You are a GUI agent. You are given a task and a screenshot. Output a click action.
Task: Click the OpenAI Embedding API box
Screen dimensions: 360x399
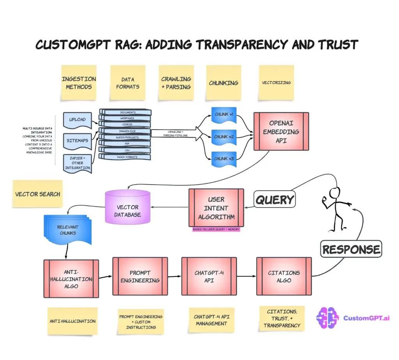pos(281,132)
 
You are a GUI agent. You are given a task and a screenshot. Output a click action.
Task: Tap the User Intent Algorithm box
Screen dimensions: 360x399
pos(216,208)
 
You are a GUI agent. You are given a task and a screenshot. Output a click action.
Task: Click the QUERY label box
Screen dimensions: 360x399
pos(275,200)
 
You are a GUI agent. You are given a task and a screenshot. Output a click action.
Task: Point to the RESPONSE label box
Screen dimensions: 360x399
pos(351,249)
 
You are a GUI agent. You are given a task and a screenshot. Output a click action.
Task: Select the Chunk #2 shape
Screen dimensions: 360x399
pos(224,137)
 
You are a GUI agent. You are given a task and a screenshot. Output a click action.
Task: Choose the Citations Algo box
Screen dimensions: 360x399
pos(284,276)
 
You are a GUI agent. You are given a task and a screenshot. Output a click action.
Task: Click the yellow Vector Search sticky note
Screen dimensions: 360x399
pos(37,194)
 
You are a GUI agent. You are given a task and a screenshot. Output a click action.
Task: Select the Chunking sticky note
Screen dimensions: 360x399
pos(223,83)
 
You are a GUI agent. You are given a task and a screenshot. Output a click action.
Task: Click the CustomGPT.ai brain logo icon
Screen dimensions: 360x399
pos(328,318)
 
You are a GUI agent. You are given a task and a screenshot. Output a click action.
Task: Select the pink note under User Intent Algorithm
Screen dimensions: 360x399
pos(216,230)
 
